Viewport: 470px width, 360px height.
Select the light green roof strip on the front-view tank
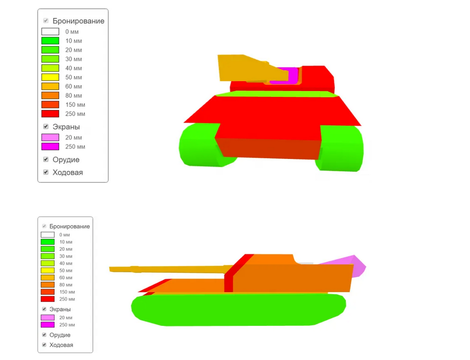[x=277, y=93]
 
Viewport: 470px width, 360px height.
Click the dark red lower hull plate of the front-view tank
[x=268, y=149]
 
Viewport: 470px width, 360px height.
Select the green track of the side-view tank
[x=238, y=309]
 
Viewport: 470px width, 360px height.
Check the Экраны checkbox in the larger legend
[x=46, y=127]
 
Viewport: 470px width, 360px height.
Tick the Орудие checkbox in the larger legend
[x=46, y=159]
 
